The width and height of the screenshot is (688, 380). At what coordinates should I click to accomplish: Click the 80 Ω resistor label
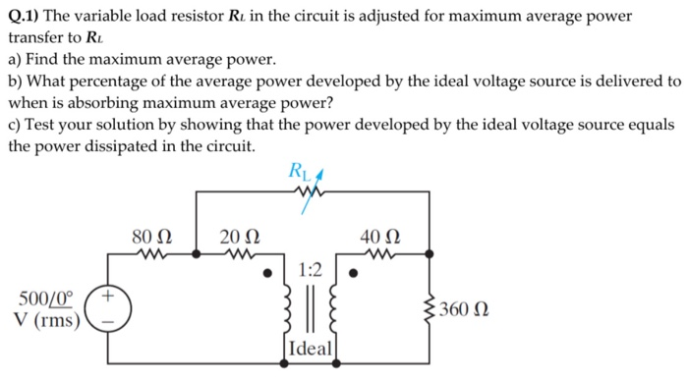click(x=152, y=236)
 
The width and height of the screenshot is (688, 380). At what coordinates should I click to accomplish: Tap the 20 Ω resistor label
click(x=240, y=236)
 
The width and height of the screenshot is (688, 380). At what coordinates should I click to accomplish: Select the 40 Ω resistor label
click(x=380, y=236)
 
